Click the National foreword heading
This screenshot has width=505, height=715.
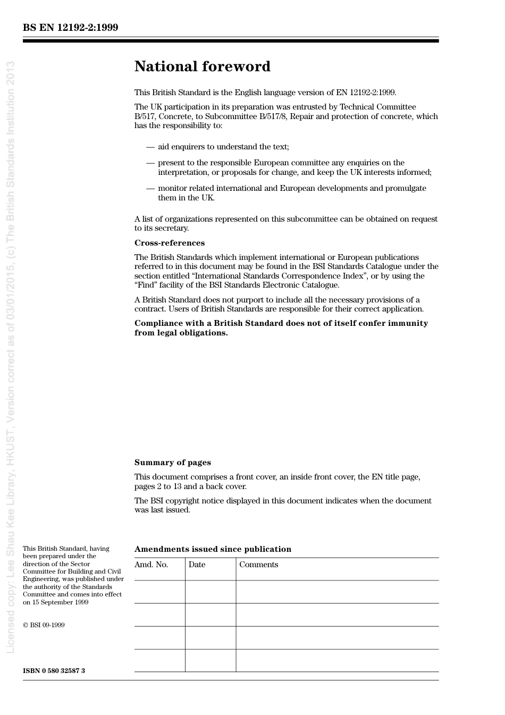coord(202,66)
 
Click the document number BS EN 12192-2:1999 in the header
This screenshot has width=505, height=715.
coord(70,28)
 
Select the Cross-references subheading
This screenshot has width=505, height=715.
coord(169,243)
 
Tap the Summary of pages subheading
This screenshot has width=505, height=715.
coord(172,462)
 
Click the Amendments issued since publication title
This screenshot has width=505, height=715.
coord(213,549)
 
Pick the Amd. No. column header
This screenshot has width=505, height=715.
coord(151,565)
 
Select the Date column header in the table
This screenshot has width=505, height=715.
coord(197,565)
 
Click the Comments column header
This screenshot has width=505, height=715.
coord(258,565)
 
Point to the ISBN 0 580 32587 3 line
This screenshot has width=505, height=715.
coord(54,670)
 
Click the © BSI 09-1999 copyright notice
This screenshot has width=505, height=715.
coord(44,625)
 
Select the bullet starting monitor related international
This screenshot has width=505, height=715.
coord(291,188)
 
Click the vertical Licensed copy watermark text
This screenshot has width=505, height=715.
coord(10,356)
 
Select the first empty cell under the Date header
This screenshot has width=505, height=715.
coord(211,592)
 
